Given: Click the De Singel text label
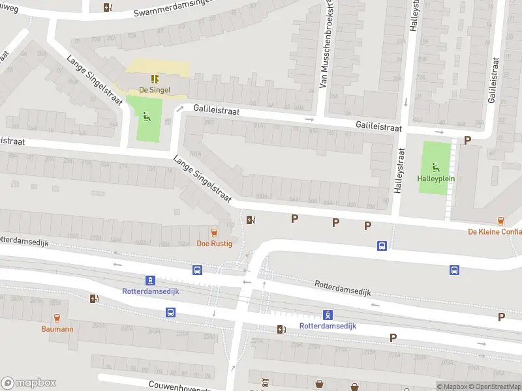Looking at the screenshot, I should click(155, 90).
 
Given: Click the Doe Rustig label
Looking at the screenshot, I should click(213, 244).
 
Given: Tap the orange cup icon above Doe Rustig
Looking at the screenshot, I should click(213, 232).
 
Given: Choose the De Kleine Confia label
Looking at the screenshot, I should click(495, 232).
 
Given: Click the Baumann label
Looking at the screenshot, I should click(57, 329).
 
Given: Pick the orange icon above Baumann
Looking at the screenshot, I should click(57, 318).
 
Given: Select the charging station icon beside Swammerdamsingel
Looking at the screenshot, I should click(108, 8).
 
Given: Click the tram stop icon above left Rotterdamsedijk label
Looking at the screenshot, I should click(150, 280).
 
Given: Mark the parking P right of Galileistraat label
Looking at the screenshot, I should click(467, 140).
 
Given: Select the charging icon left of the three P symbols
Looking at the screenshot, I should click(251, 220).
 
